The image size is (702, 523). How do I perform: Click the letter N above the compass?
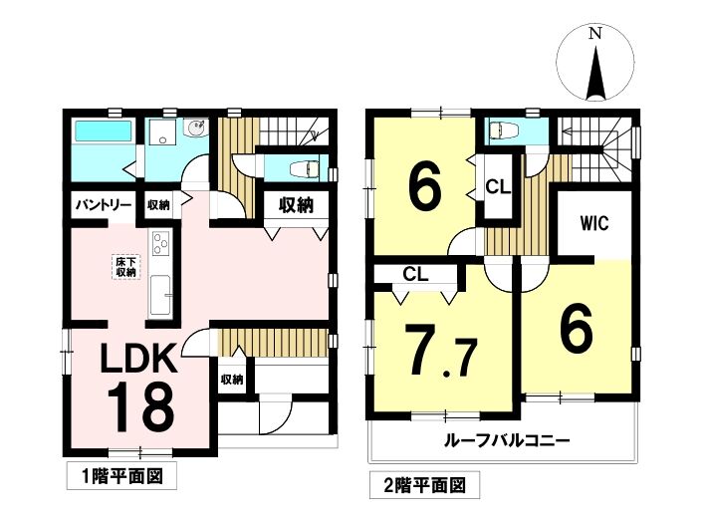(x=594, y=34)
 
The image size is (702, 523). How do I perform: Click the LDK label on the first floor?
(x=139, y=358)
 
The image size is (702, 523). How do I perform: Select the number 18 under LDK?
(x=140, y=407)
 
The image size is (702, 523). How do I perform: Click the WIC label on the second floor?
(x=594, y=222)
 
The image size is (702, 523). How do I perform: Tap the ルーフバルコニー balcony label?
(x=507, y=440)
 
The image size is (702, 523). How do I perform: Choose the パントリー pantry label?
(x=104, y=205)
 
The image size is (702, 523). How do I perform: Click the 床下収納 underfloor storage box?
(x=125, y=267)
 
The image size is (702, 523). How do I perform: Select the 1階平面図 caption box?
(x=121, y=476)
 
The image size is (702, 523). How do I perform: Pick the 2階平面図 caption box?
(x=424, y=484)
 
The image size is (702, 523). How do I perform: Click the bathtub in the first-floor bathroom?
(x=104, y=131)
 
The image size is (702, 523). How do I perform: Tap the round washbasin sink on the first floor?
(x=195, y=129)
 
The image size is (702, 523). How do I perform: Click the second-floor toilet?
(x=504, y=131)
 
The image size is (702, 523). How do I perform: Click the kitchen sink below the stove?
(x=159, y=295)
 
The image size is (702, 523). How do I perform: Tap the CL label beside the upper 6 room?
(x=498, y=187)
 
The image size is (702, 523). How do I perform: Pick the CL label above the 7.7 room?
(x=415, y=274)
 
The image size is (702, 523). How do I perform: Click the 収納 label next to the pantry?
(x=158, y=205)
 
